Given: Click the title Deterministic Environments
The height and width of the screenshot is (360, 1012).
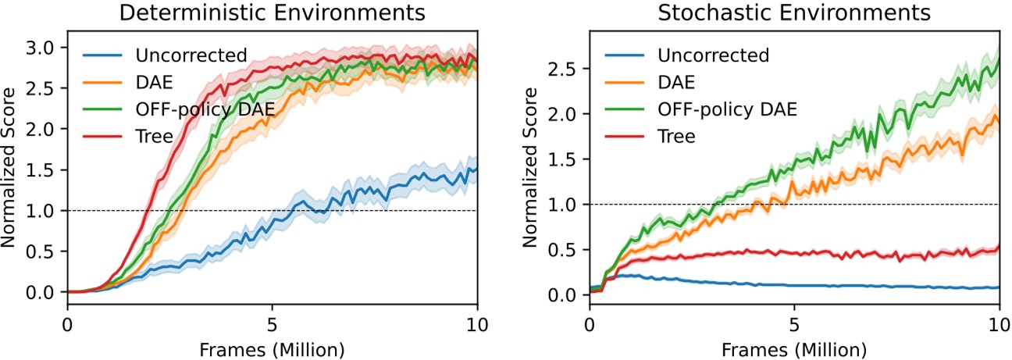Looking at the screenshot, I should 272,13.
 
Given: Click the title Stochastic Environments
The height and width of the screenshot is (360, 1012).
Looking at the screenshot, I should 794,13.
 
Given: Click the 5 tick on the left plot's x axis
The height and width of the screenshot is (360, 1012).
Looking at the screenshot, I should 272,323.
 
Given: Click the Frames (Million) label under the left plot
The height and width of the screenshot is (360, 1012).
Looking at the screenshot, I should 272,346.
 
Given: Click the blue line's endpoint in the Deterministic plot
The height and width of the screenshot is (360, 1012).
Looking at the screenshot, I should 477,169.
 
